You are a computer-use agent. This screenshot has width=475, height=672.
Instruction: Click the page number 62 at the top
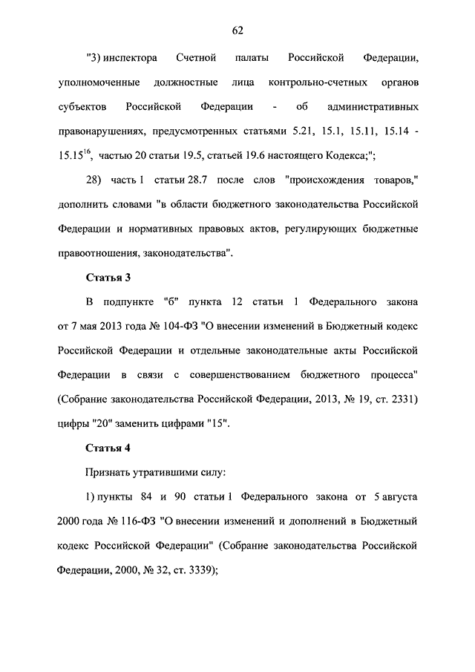[x=237, y=30]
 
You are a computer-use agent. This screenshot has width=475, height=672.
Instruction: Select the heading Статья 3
[x=108, y=278]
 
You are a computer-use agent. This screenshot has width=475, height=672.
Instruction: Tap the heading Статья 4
[x=108, y=448]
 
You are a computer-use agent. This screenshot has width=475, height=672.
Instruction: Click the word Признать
[x=108, y=472]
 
